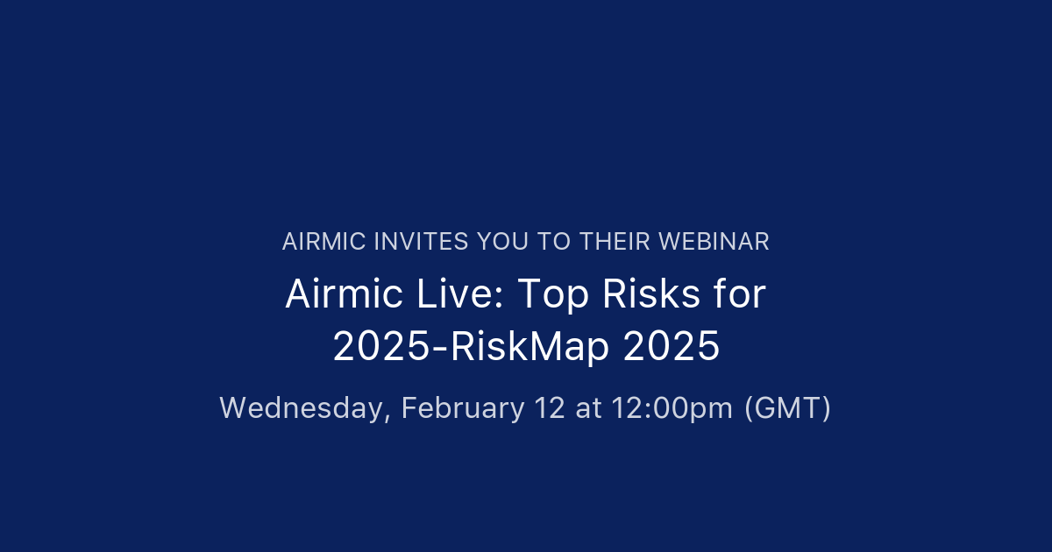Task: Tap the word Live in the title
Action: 457,295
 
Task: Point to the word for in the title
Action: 740,295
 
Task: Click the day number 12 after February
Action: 551,408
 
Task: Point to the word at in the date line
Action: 588,408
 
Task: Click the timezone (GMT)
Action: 787,408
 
